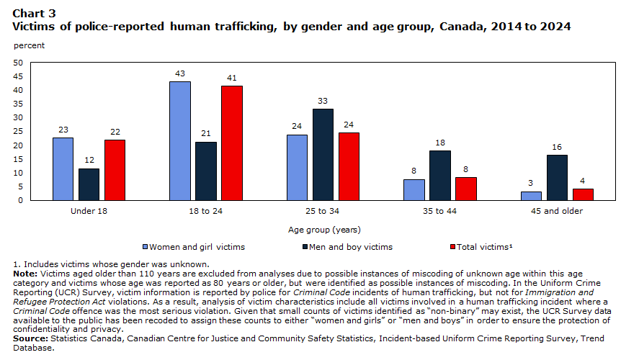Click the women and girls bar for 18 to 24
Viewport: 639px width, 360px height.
[180, 141]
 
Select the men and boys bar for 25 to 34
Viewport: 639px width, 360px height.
[323, 155]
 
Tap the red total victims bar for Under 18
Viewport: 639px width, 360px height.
[115, 170]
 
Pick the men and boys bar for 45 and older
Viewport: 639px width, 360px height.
[557, 178]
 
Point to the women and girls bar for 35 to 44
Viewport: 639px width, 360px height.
[414, 189]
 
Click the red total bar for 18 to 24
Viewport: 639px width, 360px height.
[232, 143]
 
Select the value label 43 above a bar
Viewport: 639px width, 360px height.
[180, 73]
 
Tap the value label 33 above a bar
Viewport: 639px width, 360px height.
[323, 101]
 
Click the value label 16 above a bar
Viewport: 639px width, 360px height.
[557, 147]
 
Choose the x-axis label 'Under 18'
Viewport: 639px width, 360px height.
[89, 212]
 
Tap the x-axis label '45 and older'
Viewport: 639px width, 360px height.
[556, 212]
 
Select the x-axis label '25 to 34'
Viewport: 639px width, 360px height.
[323, 212]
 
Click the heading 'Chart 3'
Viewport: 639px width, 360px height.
[33, 14]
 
